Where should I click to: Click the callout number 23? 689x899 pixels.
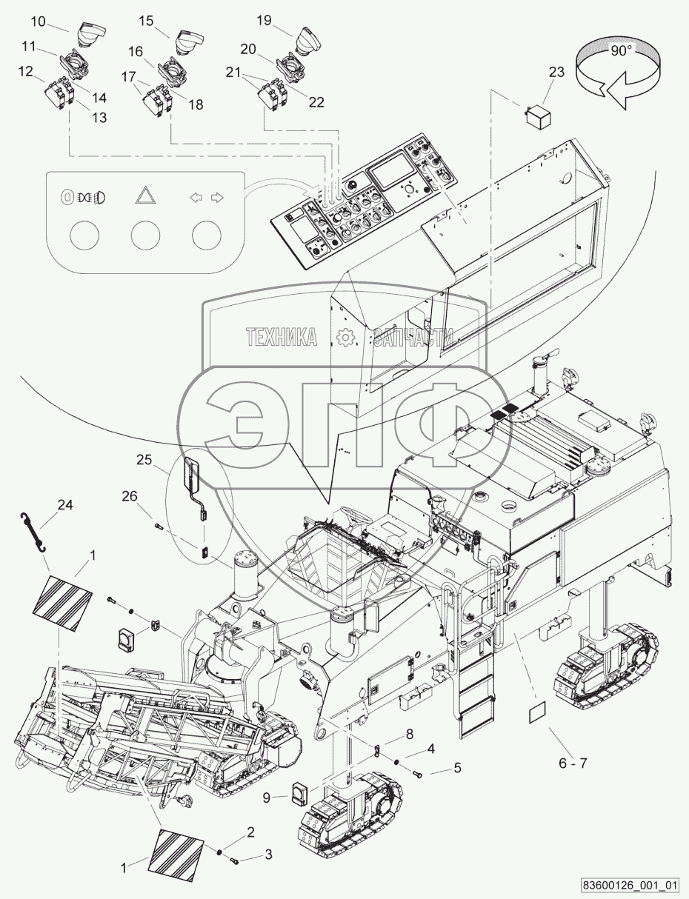[556, 73]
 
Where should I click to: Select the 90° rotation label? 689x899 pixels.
[621, 51]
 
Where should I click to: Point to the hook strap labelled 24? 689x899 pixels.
[33, 532]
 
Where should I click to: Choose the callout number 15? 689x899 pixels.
[147, 21]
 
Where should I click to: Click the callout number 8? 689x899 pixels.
[409, 734]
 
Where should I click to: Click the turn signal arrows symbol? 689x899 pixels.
[206, 197]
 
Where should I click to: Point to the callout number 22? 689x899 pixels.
[316, 102]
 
